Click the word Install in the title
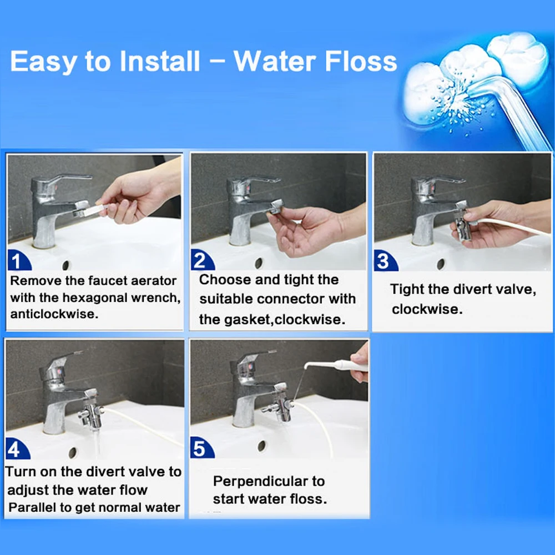point(156,62)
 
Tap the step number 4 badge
point(18,448)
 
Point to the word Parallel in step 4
point(32,507)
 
